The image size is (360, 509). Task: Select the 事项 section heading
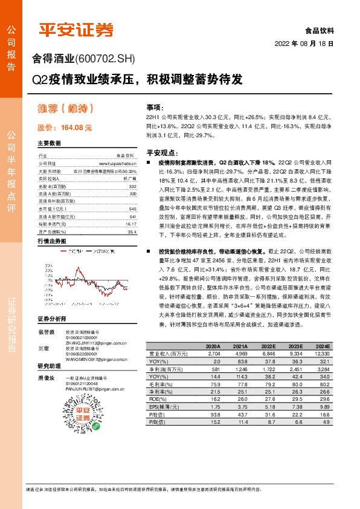pyautogui.click(x=155, y=107)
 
